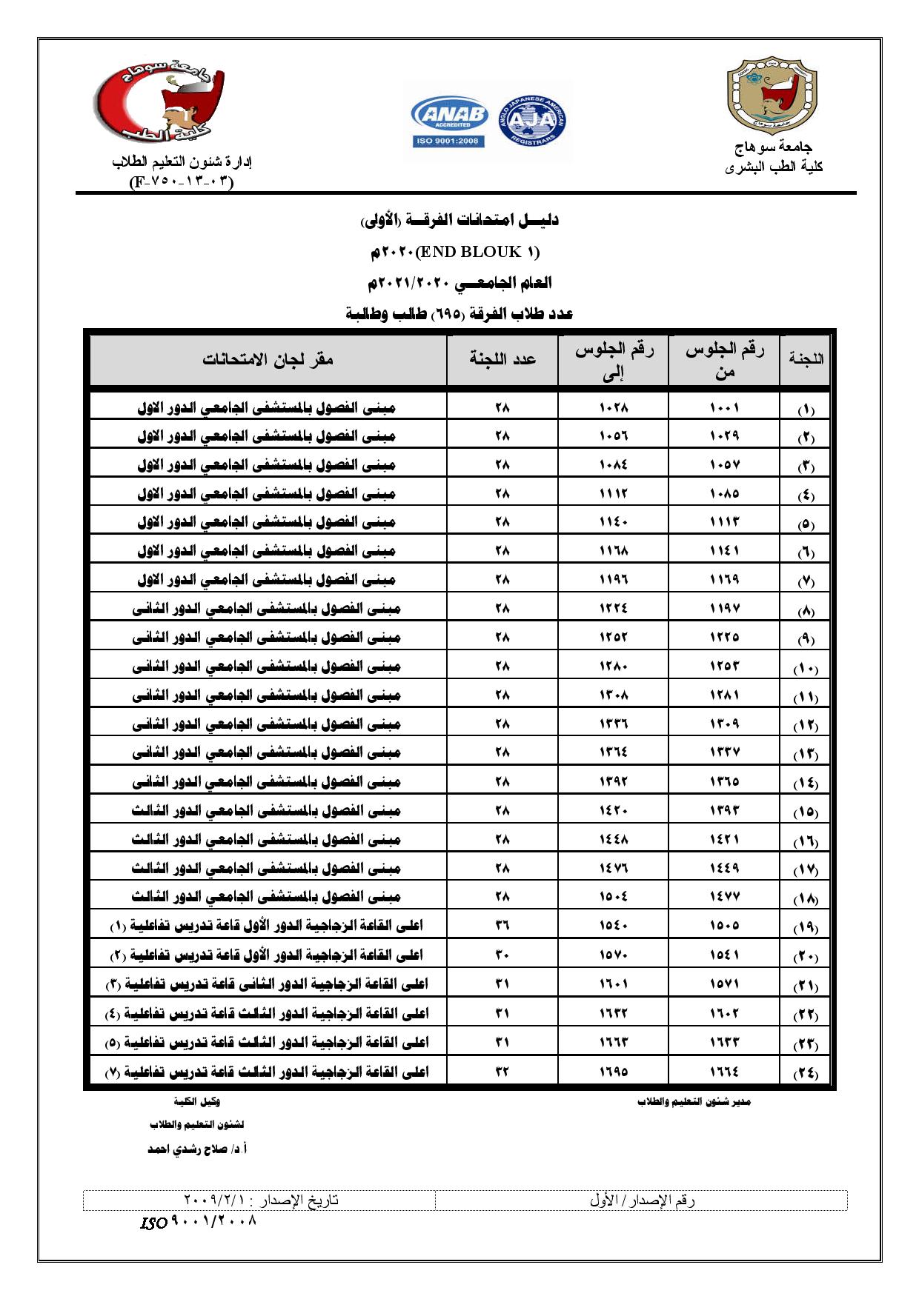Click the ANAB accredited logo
448,123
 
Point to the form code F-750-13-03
181,182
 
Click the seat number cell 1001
724,407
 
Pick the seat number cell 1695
613,1070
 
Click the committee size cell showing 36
502,926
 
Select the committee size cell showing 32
502,1070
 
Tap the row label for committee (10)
806,669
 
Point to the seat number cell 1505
724,926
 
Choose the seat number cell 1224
613,610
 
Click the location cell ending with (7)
267,1071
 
